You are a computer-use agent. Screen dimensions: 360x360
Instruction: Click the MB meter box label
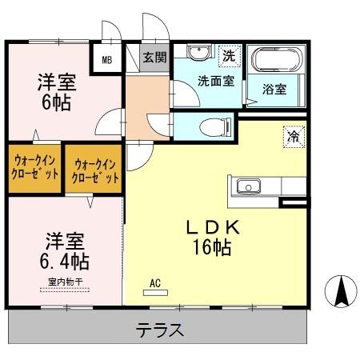coord(107,58)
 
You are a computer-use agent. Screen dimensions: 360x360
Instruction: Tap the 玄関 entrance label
coord(155,57)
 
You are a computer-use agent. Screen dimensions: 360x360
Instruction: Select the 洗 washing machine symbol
coord(229,56)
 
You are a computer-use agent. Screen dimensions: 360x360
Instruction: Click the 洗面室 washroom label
coord(216,80)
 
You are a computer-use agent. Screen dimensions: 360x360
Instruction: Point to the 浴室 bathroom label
coord(274,90)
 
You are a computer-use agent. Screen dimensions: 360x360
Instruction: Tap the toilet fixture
coord(210,126)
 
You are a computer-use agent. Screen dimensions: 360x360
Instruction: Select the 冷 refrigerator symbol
coord(294,136)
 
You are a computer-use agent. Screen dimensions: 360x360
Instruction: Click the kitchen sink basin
coord(247,187)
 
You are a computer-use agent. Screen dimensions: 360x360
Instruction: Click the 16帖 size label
coord(210,248)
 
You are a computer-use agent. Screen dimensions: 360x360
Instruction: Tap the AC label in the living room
coord(154,282)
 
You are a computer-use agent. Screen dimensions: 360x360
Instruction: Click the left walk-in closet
coord(35,168)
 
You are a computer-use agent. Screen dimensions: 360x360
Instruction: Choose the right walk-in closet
coord(94,170)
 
